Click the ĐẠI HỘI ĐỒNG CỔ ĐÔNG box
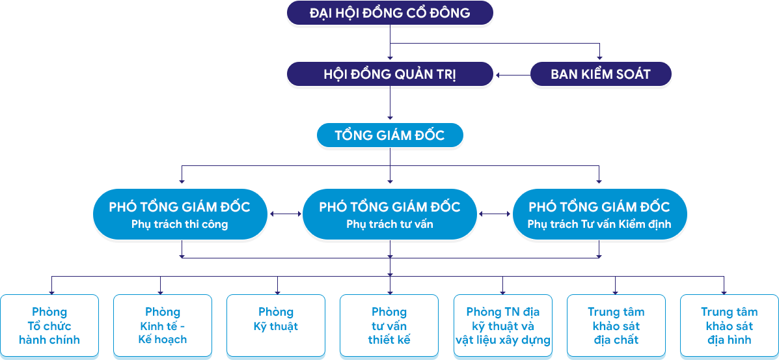pos(390,13)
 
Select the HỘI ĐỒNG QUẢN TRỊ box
pos(390,74)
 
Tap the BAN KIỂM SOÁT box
pos(601,74)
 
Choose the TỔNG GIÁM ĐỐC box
pos(390,135)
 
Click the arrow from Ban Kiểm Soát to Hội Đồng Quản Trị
pos(513,75)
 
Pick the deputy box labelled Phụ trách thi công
pos(180,214)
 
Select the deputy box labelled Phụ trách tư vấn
pos(390,214)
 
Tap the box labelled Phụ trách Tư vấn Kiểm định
pos(599,214)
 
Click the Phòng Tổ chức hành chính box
pos(49,325)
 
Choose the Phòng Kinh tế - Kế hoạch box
pos(163,325)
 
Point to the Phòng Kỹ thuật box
pos(276,325)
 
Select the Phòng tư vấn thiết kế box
pos(389,325)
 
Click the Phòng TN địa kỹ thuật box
pos(503,325)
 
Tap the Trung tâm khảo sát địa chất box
pos(616,325)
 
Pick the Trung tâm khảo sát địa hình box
pos(730,325)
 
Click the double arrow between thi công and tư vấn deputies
pos(285,214)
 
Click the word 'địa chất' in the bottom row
pos(616,340)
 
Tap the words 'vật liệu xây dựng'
pos(503,340)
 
